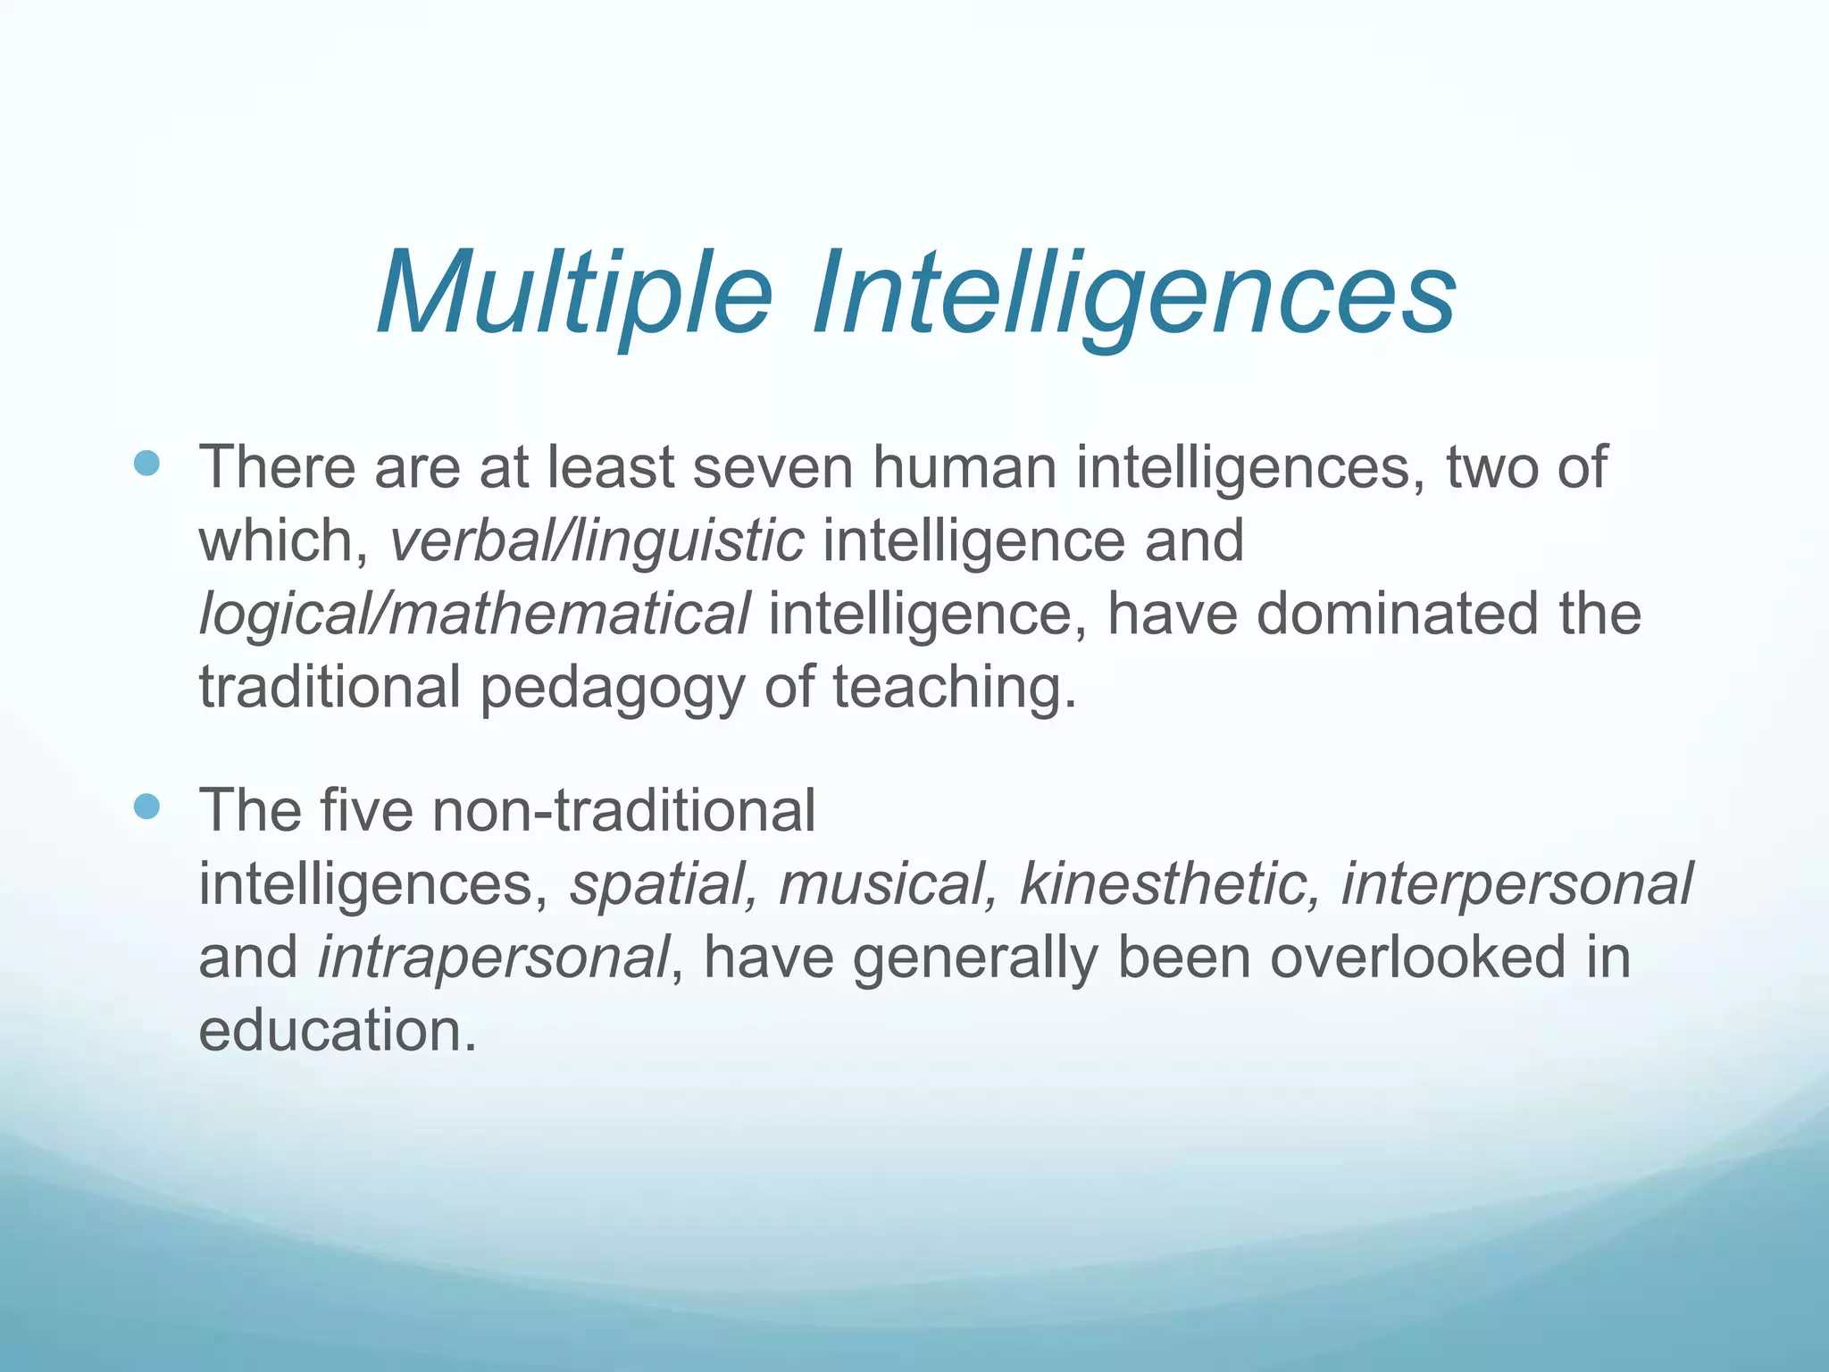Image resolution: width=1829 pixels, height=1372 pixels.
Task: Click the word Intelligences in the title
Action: pyautogui.click(x=1134, y=294)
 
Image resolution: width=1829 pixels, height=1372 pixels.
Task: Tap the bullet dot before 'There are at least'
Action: pyautogui.click(x=146, y=464)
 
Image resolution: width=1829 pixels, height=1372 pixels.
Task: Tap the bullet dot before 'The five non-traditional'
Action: pyautogui.click(x=146, y=807)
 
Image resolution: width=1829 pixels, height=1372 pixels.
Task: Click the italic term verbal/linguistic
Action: pyautogui.click(x=597, y=541)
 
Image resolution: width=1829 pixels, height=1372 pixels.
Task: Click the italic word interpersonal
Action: pyautogui.click(x=1516, y=884)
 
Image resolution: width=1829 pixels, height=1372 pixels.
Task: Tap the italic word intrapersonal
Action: pyautogui.click(x=494, y=958)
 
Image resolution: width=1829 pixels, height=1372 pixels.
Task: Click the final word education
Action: pyautogui.click(x=337, y=1031)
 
